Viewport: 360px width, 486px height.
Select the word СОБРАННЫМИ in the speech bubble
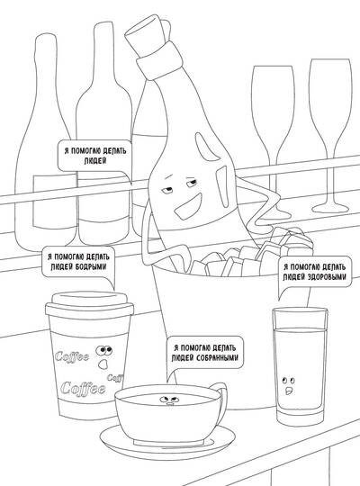click(x=218, y=357)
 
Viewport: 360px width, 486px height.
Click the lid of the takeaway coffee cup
click(x=90, y=304)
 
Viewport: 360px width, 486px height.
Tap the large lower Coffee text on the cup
click(x=83, y=388)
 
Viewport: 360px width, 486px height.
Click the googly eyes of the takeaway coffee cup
click(x=104, y=350)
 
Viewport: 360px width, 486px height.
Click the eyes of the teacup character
click(x=167, y=399)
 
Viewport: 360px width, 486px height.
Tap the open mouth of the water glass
click(x=289, y=391)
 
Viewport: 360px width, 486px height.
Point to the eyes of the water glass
click(x=288, y=380)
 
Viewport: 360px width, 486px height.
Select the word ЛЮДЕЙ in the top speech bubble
click(x=95, y=161)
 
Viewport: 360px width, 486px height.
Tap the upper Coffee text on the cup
click(x=72, y=356)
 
